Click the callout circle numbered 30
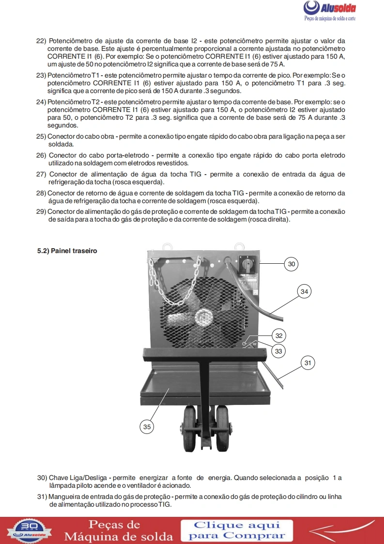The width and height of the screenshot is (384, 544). [292, 264]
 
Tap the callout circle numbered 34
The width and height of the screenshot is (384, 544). [304, 291]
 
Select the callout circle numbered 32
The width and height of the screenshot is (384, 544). [279, 336]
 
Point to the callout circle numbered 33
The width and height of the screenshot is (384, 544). [278, 351]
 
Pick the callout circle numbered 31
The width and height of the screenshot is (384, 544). [308, 363]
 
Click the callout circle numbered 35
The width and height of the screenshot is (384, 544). [147, 427]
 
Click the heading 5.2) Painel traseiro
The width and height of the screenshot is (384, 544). [67, 251]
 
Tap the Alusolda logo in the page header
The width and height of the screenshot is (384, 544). [330, 11]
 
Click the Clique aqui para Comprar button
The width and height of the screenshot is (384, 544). [237, 530]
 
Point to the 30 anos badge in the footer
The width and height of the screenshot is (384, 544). [30, 530]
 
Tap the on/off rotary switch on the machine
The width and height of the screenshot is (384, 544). [247, 264]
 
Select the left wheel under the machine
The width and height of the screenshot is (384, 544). [189, 429]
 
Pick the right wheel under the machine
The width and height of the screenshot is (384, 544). [222, 429]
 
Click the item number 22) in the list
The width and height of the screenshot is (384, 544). [41, 41]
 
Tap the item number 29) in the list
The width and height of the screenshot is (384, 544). [41, 211]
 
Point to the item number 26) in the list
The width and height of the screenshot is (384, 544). [41, 156]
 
